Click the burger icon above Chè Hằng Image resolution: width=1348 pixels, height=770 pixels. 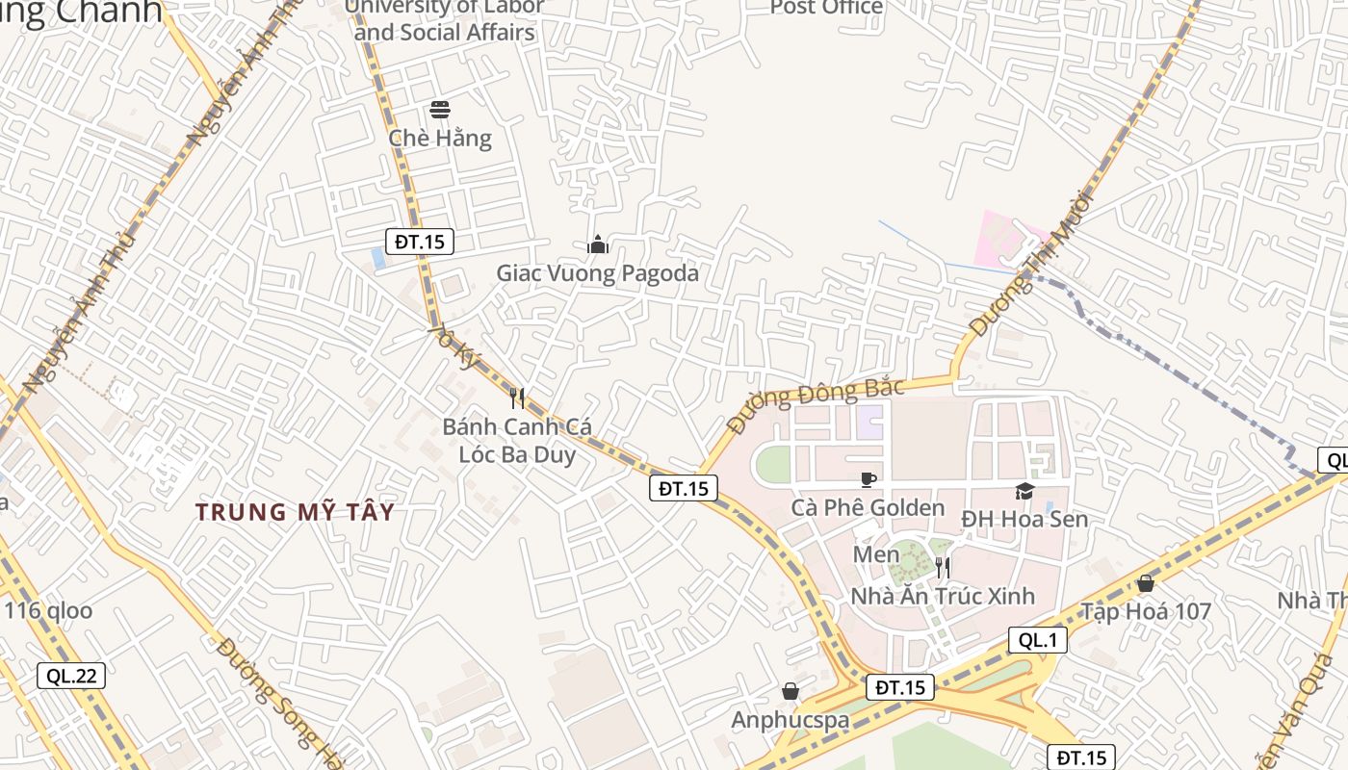pyautogui.click(x=440, y=109)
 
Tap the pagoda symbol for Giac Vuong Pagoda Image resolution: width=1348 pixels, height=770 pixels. pyautogui.click(x=598, y=244)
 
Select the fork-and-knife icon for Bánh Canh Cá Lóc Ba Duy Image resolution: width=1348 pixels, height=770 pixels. pyautogui.click(x=517, y=398)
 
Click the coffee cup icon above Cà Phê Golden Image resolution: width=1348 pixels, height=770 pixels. pyautogui.click(x=868, y=479)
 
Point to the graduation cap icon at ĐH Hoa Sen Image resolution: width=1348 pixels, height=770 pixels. pyautogui.click(x=1024, y=491)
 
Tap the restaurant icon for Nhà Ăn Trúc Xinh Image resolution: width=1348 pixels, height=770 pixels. pyautogui.click(x=943, y=567)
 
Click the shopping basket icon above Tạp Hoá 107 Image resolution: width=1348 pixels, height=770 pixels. pyautogui.click(x=1145, y=583)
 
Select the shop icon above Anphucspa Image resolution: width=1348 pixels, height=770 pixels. pyautogui.click(x=791, y=691)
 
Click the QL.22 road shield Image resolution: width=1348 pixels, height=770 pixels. pyautogui.click(x=72, y=676)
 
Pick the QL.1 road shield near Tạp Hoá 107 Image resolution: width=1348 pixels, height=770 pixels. pyautogui.click(x=1038, y=640)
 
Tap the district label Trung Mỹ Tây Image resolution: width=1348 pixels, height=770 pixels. pyautogui.click(x=296, y=512)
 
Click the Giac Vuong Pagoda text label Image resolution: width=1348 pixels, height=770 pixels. pyautogui.click(x=597, y=273)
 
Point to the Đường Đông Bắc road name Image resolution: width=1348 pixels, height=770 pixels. pyautogui.click(x=816, y=402)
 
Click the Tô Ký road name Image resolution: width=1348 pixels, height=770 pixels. pyautogui.click(x=454, y=346)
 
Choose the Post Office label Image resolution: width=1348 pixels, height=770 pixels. pyautogui.click(x=826, y=8)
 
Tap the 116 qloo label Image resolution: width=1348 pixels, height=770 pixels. pyautogui.click(x=48, y=610)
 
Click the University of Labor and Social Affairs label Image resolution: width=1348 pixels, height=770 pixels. pyautogui.click(x=444, y=19)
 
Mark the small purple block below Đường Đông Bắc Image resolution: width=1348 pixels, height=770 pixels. pyautogui.click(x=869, y=420)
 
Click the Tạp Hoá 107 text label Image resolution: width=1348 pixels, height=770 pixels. pyautogui.click(x=1145, y=612)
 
